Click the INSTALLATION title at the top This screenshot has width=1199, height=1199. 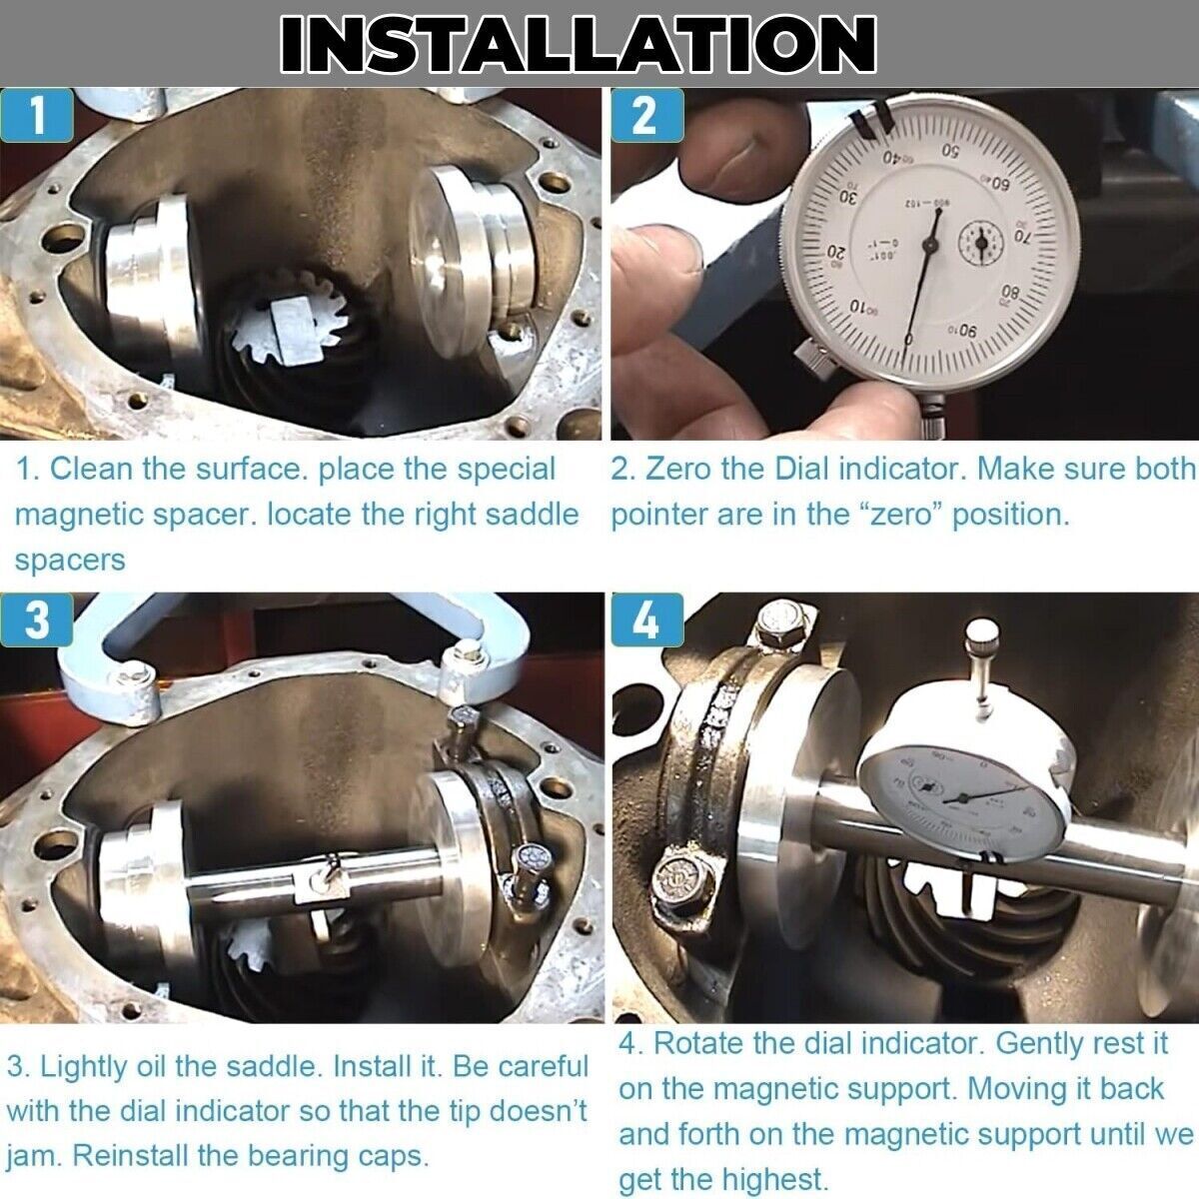579,43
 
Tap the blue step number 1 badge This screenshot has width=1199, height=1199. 37,116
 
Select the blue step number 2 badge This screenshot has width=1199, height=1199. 647,116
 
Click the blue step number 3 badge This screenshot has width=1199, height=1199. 36,619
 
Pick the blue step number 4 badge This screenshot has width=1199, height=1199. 647,619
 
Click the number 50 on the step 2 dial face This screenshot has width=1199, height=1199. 950,151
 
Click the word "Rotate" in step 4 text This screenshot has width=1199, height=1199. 698,1043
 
